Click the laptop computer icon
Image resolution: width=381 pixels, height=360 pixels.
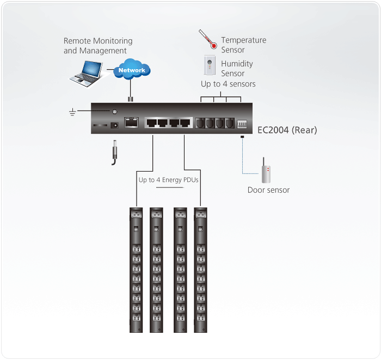point(86,74)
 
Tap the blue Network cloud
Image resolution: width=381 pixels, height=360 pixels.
point(132,69)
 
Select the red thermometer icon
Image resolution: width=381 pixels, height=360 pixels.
point(208,39)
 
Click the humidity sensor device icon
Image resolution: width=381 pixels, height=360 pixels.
point(210,65)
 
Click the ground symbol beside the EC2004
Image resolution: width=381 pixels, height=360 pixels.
point(72,112)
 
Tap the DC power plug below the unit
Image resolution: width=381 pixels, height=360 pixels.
point(114,152)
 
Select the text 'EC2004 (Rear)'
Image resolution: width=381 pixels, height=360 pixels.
point(287,130)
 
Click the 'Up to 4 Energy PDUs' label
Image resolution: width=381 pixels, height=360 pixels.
point(168,180)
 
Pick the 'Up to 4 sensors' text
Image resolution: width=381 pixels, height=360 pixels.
point(228,84)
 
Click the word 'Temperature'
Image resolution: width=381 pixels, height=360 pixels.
point(244,40)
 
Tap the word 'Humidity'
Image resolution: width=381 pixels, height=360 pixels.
point(237,64)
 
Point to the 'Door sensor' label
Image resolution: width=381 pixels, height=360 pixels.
point(268,190)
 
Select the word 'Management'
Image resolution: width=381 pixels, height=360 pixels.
point(103,51)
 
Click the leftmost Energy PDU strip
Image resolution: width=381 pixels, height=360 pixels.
point(136,270)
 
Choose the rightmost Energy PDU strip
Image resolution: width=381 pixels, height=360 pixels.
point(200,270)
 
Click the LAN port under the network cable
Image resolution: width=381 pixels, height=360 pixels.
point(131,122)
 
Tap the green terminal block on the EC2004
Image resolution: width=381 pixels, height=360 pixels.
point(242,124)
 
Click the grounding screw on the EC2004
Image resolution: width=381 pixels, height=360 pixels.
point(114,112)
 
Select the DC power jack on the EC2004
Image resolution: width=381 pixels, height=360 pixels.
point(114,125)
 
